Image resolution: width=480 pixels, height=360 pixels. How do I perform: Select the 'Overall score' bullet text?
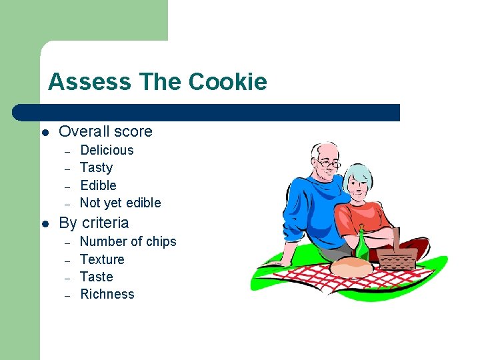(x=105, y=131)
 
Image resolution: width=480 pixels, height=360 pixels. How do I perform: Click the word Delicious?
(x=107, y=150)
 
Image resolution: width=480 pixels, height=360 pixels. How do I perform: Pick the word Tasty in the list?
(x=96, y=167)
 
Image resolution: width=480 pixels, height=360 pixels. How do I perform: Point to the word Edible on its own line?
(x=98, y=185)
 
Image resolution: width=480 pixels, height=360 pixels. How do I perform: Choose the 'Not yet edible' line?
(x=120, y=203)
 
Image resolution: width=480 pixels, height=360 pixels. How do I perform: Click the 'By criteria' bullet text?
(x=93, y=223)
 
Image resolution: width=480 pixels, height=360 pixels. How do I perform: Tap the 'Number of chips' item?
(x=128, y=241)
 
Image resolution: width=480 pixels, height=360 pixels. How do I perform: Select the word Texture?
(x=102, y=259)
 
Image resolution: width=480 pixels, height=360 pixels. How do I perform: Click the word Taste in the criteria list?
(x=96, y=277)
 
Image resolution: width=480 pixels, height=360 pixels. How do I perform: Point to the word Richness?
(x=107, y=294)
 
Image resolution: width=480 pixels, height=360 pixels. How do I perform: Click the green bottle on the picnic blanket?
(x=361, y=245)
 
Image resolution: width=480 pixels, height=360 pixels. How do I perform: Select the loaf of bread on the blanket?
(x=351, y=266)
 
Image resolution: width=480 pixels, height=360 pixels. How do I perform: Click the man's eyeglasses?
(x=327, y=162)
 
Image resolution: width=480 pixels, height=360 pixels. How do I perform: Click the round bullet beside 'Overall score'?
(x=45, y=132)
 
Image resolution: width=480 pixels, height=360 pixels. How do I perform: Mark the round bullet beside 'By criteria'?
(x=45, y=223)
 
